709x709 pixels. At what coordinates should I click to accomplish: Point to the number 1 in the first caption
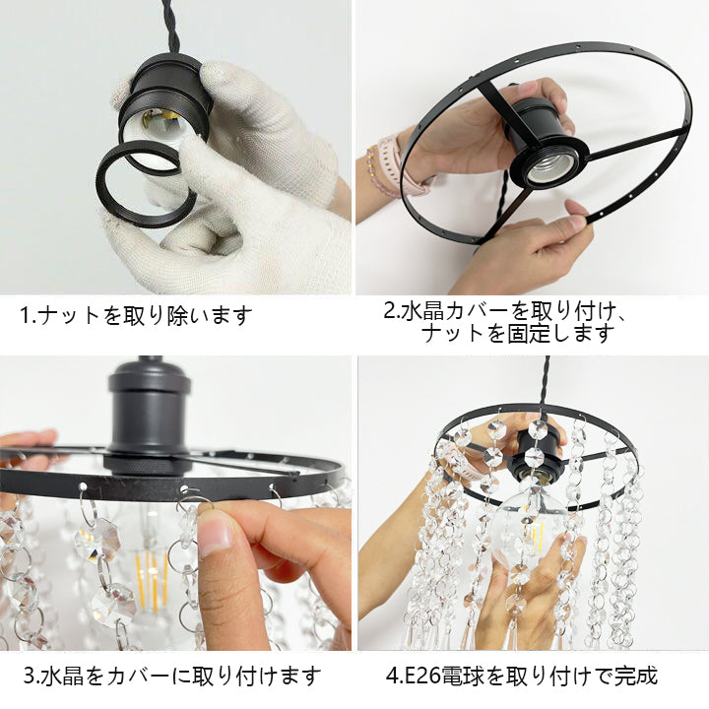(x=25, y=315)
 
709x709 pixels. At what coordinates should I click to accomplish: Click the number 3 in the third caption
(x=29, y=676)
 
